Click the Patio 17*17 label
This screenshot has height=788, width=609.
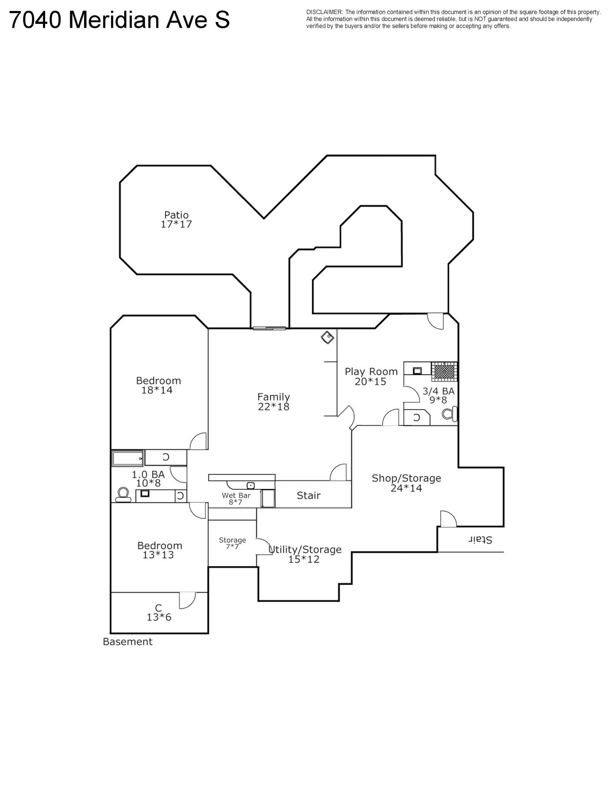point(176,219)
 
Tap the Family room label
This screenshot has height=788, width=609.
point(274,402)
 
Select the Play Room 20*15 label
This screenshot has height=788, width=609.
point(371,376)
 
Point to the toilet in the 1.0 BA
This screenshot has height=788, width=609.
point(123,495)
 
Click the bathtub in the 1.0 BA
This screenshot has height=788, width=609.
point(128,458)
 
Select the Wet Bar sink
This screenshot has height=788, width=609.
point(250,485)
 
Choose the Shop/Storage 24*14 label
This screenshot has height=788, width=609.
point(406,483)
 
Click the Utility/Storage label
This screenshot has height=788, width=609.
point(305,549)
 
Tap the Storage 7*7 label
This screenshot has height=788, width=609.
point(232,543)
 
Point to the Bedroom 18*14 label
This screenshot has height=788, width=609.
point(158,385)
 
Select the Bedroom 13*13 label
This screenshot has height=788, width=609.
point(160,550)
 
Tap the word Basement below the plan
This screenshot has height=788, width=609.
point(128,641)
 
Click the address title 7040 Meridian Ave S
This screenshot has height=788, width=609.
point(119,20)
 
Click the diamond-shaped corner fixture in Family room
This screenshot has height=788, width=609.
point(327,337)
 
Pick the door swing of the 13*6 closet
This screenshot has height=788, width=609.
point(187,600)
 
